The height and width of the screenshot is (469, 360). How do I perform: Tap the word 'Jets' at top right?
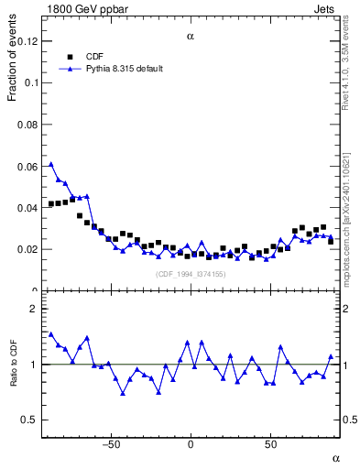(327, 8)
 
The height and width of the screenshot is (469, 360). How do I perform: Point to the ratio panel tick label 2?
(33, 309)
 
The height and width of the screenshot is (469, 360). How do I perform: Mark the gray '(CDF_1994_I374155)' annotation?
(190, 274)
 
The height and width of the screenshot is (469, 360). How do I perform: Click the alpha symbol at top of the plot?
(191, 37)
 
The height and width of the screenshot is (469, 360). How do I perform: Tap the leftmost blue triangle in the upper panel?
(51, 165)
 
